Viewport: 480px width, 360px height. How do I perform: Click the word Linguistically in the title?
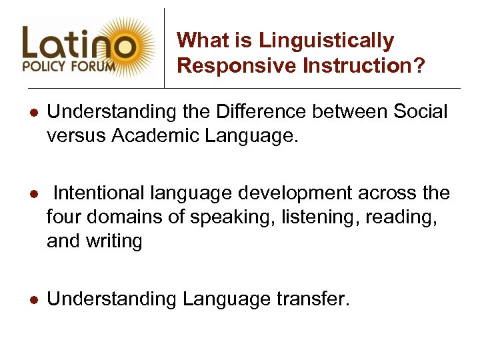pyautogui.click(x=327, y=41)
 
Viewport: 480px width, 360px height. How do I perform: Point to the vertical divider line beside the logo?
pyautogui.click(x=165, y=47)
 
